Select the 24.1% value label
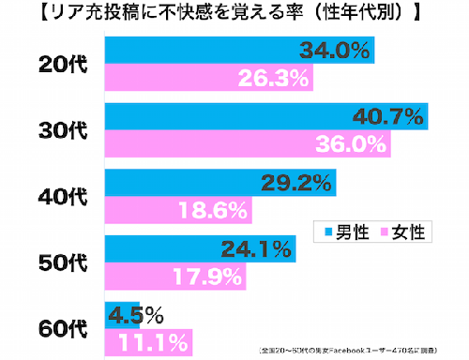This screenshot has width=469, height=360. point(254,249)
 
